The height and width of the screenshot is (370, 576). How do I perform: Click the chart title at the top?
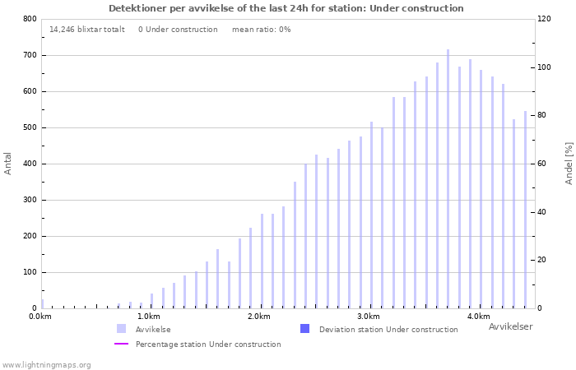pos(286,8)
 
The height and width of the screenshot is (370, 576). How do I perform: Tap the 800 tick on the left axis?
pos(29,19)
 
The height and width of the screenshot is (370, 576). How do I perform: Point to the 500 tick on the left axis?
pos(29,127)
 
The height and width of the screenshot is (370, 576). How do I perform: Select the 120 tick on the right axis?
pos(544,19)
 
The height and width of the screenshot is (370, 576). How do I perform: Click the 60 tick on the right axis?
pos(541,164)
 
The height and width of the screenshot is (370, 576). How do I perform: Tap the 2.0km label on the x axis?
pos(259,317)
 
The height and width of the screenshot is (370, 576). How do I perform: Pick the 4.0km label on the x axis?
pos(478,317)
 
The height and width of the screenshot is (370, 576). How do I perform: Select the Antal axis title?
pos(8,163)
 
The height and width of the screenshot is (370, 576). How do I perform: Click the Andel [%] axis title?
pos(569,163)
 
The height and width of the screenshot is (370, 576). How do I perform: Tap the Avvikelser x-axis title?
pos(510,327)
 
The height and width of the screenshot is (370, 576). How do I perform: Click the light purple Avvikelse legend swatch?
pos(122,329)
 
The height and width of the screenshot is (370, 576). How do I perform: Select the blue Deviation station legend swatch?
pos(305,329)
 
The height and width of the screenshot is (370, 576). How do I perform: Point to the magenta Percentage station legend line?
pos(122,344)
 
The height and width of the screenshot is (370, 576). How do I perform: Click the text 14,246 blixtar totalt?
pos(87,30)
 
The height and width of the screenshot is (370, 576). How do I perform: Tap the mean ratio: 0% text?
pos(261,30)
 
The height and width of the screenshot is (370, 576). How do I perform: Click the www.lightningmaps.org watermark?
pos(46,364)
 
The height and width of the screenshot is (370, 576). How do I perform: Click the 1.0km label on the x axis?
pos(149,317)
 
